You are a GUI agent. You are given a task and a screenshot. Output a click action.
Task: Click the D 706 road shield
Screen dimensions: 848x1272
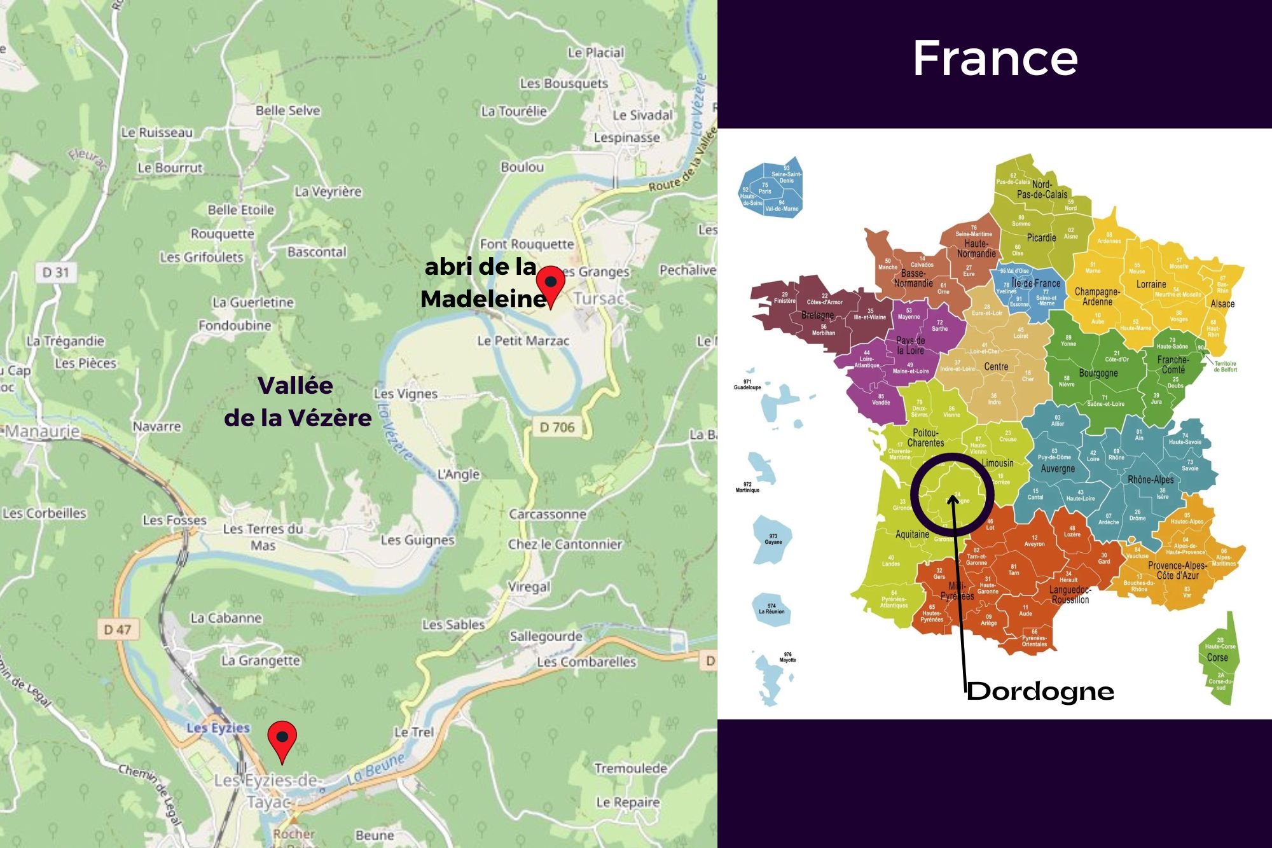(557, 427)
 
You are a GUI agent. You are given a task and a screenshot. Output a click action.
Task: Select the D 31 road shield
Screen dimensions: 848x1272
(55, 273)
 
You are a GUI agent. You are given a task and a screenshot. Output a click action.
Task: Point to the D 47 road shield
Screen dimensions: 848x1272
(117, 630)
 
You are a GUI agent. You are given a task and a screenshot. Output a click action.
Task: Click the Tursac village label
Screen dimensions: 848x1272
(598, 298)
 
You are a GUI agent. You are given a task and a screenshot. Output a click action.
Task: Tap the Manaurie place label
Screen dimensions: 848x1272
(43, 432)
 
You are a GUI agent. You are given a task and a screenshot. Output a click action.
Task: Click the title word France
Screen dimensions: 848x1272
(995, 59)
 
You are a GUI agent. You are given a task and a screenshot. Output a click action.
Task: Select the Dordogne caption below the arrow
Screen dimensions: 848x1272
(1040, 692)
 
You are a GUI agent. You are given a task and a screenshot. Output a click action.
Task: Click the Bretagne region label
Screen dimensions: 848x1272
(817, 315)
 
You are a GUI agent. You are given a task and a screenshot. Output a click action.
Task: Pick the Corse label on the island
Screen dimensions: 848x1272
(1217, 658)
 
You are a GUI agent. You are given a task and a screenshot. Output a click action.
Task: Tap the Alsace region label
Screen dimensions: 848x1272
(1222, 303)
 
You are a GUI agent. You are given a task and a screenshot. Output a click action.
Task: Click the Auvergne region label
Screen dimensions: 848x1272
(1058, 469)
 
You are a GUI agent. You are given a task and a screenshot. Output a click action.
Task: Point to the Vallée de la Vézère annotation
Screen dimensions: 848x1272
(297, 401)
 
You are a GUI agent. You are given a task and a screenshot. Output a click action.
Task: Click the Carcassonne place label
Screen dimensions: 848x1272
(547, 514)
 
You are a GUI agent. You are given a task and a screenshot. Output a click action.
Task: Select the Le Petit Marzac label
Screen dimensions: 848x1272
(523, 341)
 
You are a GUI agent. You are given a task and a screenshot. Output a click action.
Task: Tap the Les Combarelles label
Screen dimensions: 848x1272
(586, 662)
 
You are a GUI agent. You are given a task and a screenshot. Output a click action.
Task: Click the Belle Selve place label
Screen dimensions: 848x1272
(287, 111)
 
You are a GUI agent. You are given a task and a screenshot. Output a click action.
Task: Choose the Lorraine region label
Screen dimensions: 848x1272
(1151, 284)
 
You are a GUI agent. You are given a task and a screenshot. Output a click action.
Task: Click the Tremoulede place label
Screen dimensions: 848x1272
(630, 768)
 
